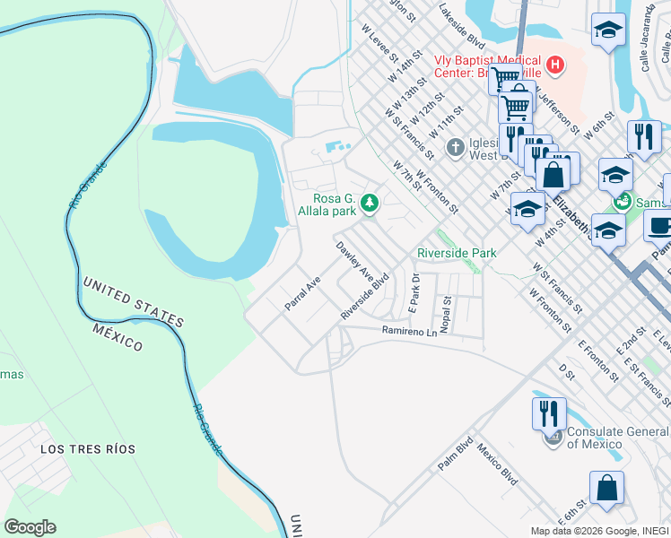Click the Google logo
[x=30, y=527]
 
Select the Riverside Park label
[x=457, y=254]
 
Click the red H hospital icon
[x=555, y=65]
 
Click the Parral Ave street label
[x=302, y=294]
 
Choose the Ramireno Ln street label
[x=408, y=332]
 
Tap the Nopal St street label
[x=446, y=313]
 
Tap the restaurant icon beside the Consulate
[x=549, y=413]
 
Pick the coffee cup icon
[x=661, y=226]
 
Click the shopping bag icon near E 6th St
[x=606, y=488]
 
